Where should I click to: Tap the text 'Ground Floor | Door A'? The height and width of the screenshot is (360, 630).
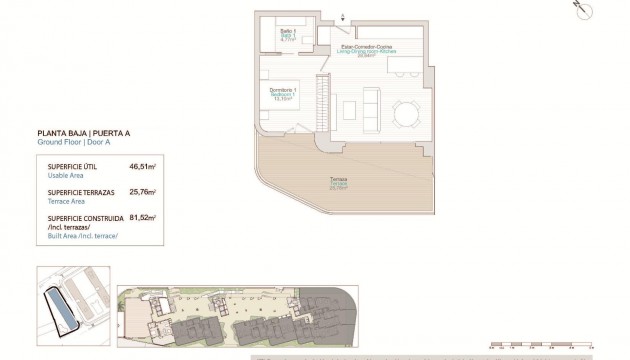[68, 143]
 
